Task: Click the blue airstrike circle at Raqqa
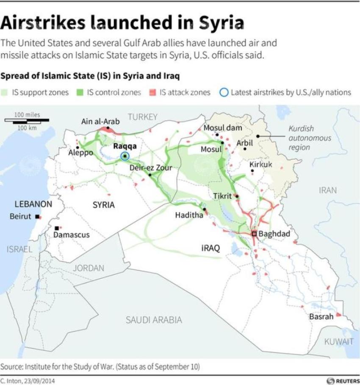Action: (125, 156)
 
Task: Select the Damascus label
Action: (72, 235)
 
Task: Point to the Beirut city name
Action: (20, 216)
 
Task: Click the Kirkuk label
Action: (260, 164)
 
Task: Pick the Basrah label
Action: (321, 316)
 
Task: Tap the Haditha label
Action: (189, 215)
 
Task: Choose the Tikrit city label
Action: (222, 196)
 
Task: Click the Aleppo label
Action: (80, 152)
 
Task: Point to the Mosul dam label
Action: (223, 127)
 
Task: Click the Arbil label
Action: (244, 143)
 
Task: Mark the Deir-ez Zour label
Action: (151, 168)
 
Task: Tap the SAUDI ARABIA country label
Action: (154, 320)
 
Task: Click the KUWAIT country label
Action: (339, 342)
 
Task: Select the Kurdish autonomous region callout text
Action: (304, 138)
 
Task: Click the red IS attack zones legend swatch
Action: (153, 92)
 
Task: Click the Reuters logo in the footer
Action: (342, 381)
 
